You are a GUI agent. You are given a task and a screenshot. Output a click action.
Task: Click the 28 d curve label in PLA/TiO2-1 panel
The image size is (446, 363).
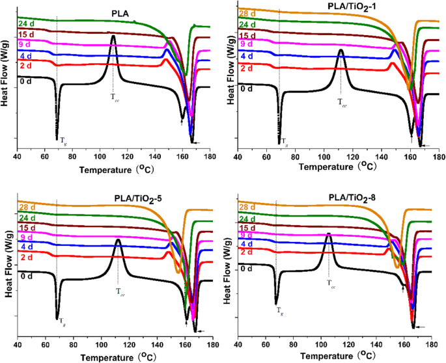(248, 14)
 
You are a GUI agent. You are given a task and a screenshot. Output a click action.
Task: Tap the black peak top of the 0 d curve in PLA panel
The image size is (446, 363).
(113, 36)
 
